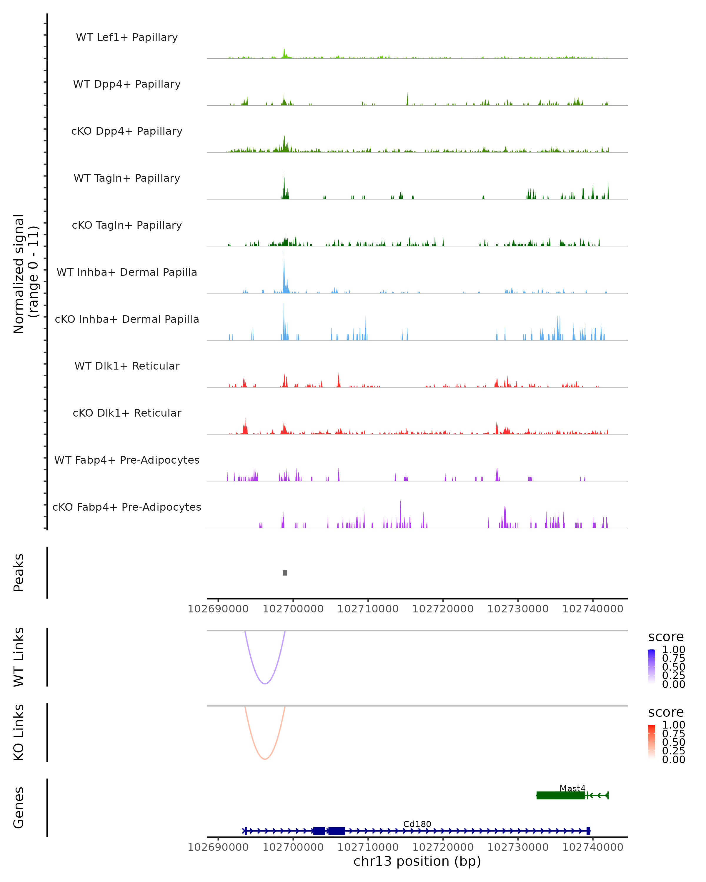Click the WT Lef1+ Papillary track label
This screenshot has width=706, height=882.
127,37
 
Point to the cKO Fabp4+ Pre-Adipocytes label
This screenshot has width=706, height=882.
127,507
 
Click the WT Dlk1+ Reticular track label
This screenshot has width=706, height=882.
127,366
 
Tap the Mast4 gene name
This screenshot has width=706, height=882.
572,788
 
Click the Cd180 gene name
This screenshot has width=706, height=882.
417,824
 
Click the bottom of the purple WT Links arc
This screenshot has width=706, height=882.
265,684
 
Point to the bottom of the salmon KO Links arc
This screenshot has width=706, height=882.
265,759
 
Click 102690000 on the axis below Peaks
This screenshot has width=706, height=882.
218,609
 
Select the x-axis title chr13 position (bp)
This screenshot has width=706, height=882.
417,861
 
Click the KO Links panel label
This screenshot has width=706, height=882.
19,732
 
